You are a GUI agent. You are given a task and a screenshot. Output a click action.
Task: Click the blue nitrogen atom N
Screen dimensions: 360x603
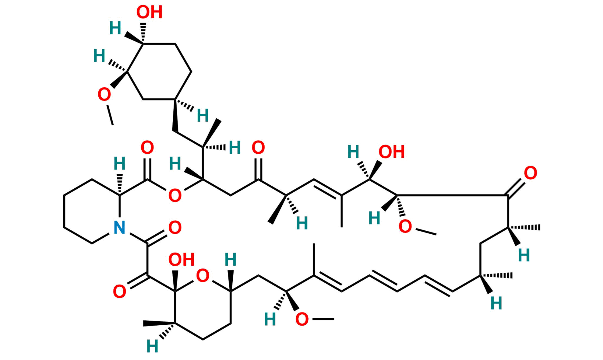coord(119,227)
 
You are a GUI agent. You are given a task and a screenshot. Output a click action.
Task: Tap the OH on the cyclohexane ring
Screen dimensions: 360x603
coord(149,12)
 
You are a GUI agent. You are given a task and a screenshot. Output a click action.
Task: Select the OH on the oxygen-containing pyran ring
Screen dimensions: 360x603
coord(182,260)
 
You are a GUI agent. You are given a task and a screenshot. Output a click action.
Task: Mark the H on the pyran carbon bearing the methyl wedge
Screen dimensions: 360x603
coord(152,346)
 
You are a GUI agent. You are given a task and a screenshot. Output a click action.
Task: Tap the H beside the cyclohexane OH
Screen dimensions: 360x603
coord(115,28)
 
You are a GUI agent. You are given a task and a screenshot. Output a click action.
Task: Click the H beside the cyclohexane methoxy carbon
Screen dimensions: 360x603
coord(99,56)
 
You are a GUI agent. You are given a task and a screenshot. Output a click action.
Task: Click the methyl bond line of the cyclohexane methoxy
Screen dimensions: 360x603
coord(110,115)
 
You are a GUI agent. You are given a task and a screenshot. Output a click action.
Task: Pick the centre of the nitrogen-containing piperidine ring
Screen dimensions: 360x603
coord(91,211)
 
